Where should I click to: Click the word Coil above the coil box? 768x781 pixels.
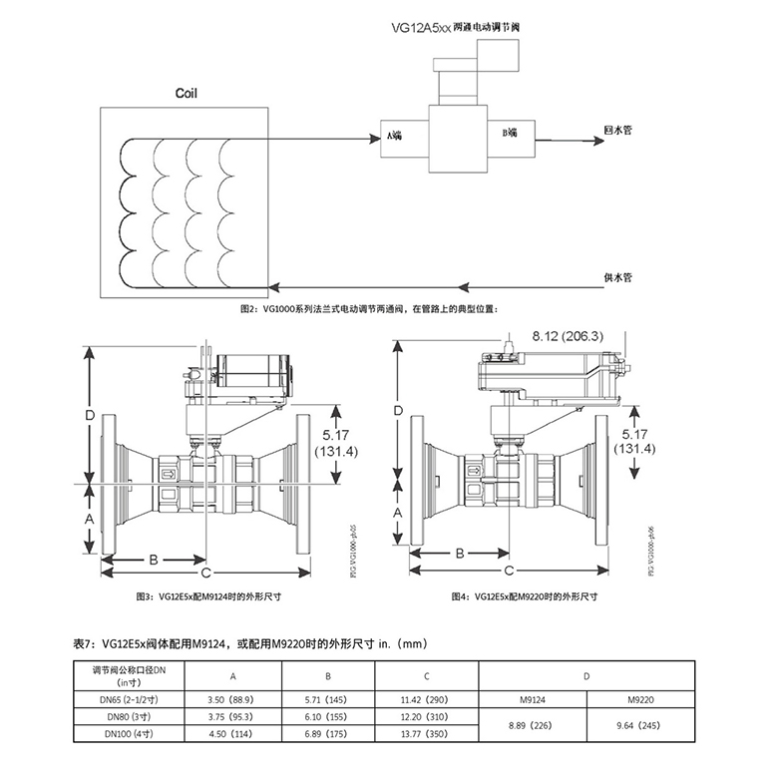click(187, 93)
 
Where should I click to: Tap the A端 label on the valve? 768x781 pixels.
click(394, 134)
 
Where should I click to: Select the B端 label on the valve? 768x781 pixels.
click(509, 133)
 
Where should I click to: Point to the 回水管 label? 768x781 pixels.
click(619, 130)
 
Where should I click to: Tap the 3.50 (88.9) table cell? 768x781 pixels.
click(233, 701)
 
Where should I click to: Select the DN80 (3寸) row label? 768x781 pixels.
click(128, 718)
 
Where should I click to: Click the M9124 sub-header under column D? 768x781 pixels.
click(531, 701)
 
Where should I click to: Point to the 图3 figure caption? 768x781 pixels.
click(207, 595)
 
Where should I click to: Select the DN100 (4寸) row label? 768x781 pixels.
click(128, 735)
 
